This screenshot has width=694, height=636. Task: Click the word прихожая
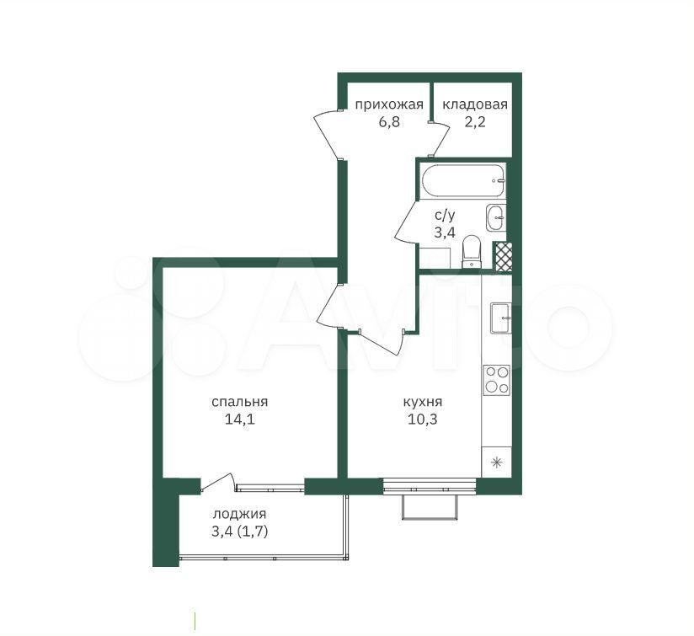pos(389,105)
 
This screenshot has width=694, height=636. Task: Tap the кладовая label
pos(475,105)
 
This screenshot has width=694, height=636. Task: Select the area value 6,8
pos(389,121)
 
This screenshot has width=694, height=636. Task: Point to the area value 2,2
pos(475,121)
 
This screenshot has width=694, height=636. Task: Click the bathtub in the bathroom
pos(463,180)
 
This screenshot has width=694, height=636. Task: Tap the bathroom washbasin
pos(496,217)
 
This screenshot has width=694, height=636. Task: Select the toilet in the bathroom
pos(471,252)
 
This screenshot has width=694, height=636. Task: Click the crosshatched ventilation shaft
pos(502,257)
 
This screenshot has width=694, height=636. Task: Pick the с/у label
pos(445,216)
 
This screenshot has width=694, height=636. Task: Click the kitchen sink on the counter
pos(500,318)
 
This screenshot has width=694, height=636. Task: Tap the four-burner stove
pos(497,380)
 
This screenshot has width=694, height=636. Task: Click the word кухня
pos(423,403)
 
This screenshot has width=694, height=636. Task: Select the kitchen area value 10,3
pos(423,419)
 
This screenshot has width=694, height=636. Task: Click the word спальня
pos(240,402)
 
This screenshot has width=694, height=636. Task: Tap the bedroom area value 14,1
pos(240,419)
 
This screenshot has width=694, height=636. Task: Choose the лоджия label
pos(239,515)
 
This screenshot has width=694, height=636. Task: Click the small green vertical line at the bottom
pos(195,620)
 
